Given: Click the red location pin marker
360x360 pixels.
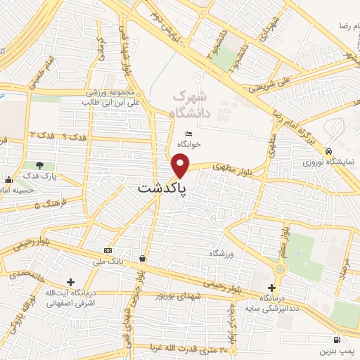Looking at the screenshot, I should pos(181,165).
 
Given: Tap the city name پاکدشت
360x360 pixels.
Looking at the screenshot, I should pos(159,189).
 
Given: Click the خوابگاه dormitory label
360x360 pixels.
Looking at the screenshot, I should pos(188,144).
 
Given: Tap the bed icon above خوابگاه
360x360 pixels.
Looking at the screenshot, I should pos(188,134).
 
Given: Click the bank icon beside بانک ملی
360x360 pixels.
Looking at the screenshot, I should pos(108,250).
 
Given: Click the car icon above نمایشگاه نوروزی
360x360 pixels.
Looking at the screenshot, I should pos(328,150).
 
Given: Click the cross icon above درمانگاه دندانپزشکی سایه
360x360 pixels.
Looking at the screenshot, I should pos(272,288).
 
